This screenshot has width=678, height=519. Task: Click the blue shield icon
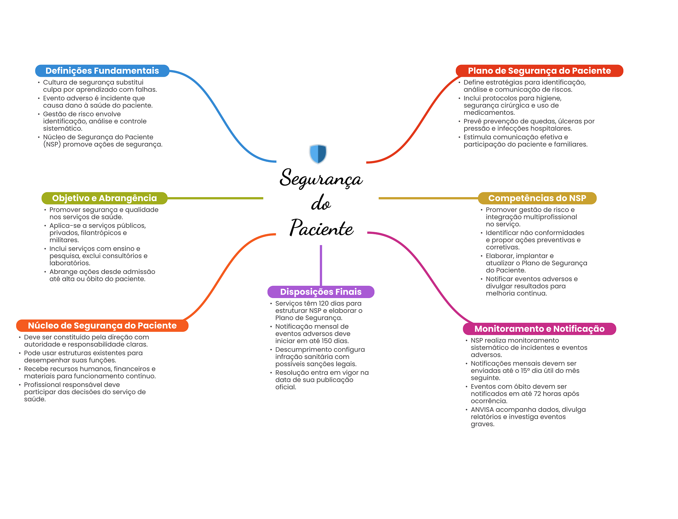(x=318, y=154)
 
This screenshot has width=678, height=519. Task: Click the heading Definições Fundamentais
(x=102, y=71)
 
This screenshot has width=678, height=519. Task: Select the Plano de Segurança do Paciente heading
(x=539, y=71)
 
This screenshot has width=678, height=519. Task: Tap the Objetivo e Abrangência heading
(x=104, y=198)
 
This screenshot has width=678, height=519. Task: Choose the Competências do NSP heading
(x=537, y=198)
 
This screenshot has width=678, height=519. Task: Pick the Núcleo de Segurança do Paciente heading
(x=102, y=325)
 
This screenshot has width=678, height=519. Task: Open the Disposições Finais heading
(x=321, y=292)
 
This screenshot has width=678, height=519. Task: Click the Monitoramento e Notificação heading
(x=539, y=329)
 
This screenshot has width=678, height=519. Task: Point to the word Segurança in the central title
(x=321, y=179)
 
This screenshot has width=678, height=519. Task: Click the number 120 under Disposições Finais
(x=323, y=303)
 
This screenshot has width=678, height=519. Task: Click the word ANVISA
(x=482, y=410)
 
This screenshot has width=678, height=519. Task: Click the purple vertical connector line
(x=321, y=265)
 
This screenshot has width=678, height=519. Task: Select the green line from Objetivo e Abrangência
(x=215, y=198)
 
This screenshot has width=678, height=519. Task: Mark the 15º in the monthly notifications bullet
(x=525, y=370)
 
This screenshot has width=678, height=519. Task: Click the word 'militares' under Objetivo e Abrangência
(x=64, y=240)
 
